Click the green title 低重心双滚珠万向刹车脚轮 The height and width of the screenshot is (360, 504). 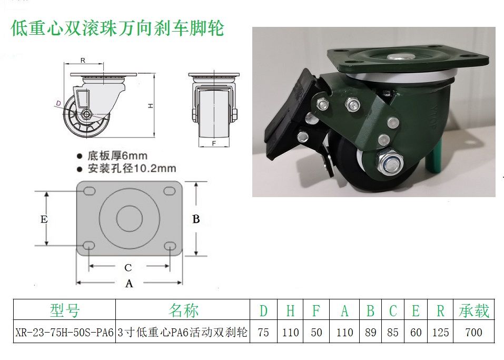(117, 28)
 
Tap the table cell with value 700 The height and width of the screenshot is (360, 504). (473, 333)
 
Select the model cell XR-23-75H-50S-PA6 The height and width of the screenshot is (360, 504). (64, 333)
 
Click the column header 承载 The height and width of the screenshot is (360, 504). (473, 311)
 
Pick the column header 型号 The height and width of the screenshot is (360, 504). (64, 311)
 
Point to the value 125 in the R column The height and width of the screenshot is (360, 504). (440, 333)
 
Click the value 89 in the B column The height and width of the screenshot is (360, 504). (370, 333)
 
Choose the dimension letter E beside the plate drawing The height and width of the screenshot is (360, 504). (44, 219)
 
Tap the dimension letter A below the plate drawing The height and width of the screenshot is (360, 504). (129, 284)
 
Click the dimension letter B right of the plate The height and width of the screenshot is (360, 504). (196, 219)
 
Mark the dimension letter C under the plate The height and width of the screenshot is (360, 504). (128, 268)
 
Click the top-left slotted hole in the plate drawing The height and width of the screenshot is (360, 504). (89, 191)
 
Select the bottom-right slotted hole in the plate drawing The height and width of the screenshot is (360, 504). (170, 247)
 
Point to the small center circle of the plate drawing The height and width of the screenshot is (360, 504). (130, 218)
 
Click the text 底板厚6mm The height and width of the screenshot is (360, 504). (117, 156)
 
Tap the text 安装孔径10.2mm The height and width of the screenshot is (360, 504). (132, 169)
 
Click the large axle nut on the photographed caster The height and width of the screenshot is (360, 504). (390, 163)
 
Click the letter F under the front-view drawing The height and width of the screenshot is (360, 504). (214, 143)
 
